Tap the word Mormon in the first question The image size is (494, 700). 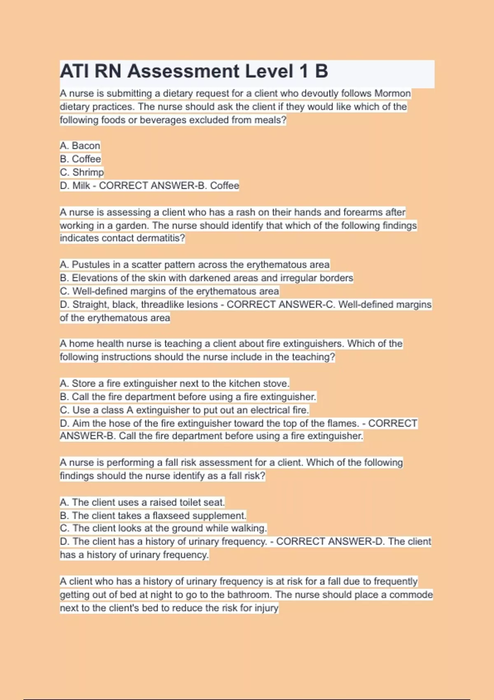pos(392,93)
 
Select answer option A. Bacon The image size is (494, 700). pos(80,146)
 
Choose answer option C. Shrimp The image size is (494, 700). pos(82,172)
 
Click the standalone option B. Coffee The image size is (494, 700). pos(80,159)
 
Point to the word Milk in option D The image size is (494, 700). pos(81,186)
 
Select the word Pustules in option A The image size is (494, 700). pos(91,264)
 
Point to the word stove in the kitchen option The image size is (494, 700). pos(275,383)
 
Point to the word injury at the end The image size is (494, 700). pos(266,608)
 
